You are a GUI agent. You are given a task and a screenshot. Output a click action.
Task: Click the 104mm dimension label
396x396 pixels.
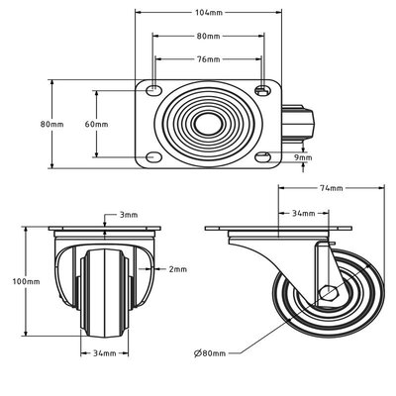point(209,13)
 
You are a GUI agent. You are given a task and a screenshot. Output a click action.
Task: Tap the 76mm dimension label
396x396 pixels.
point(208,59)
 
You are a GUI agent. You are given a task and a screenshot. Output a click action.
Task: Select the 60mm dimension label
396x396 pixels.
point(96,125)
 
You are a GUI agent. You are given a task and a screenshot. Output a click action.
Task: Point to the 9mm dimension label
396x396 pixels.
point(303,157)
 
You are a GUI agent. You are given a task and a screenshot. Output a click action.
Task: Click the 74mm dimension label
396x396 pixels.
point(332,188)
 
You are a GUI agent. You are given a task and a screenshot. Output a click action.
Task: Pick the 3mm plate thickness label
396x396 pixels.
point(129,215)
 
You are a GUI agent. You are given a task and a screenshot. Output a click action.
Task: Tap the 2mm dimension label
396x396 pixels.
point(178,269)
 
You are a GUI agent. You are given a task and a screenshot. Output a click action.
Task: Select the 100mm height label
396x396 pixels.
point(26,281)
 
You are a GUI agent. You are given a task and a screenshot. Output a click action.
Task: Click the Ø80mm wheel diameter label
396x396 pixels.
point(210,353)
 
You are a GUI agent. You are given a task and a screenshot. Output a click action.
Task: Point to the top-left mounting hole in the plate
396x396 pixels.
point(152,89)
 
